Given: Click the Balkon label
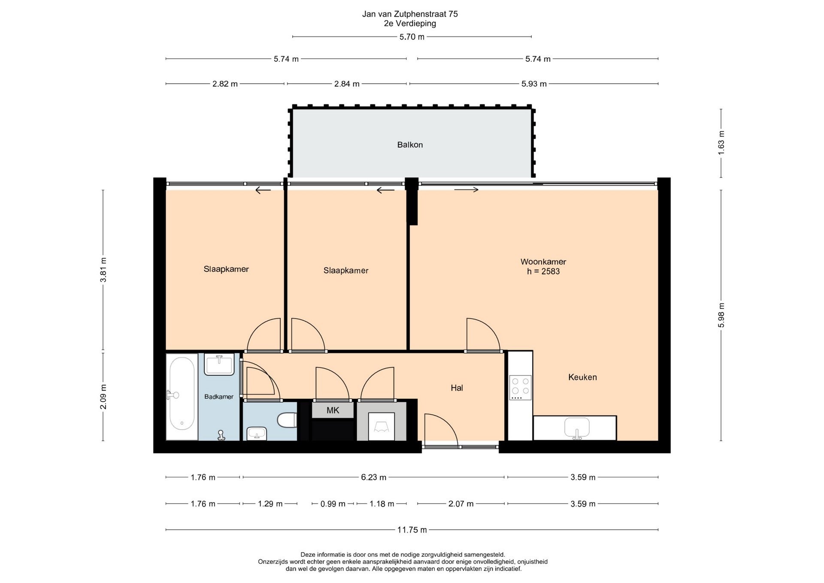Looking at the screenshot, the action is [410, 145].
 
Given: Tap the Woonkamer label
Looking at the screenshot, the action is [543, 261].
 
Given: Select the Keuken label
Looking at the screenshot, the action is [582, 377].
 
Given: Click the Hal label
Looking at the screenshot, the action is [457, 388].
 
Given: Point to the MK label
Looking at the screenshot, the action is [333, 410].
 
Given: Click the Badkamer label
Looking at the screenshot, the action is [219, 397].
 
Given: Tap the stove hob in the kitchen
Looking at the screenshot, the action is [520, 388].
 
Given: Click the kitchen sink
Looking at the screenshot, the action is [577, 428].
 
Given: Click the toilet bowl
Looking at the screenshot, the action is [287, 420].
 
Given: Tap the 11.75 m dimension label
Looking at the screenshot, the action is [412, 530].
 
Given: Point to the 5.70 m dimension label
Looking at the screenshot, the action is [412, 37].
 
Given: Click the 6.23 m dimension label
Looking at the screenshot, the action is [373, 477].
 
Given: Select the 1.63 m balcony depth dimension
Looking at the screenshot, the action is [721, 143].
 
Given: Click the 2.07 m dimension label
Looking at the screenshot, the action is [461, 504].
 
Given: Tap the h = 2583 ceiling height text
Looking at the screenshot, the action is [543, 271].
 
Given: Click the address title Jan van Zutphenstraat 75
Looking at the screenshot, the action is [410, 14].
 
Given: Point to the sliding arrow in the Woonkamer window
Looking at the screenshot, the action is [467, 190].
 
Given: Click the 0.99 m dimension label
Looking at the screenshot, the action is [333, 504].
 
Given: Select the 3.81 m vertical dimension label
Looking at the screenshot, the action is [103, 270].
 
